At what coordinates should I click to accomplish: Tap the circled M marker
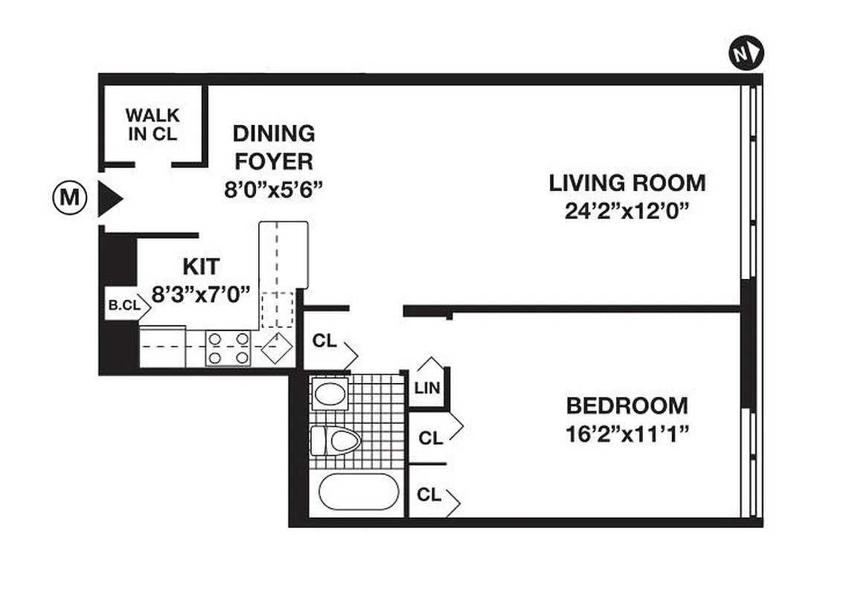(x=68, y=198)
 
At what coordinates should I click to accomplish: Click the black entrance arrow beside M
(x=109, y=199)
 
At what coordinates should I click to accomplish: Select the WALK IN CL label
(x=152, y=125)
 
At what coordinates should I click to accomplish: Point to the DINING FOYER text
(x=273, y=147)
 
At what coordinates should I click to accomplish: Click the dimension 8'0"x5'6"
(x=273, y=190)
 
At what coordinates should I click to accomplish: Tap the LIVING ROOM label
(x=627, y=182)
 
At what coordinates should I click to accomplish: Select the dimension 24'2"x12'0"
(x=627, y=211)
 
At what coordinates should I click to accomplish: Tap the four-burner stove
(x=228, y=348)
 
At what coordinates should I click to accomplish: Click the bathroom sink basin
(x=329, y=393)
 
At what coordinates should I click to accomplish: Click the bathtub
(x=356, y=492)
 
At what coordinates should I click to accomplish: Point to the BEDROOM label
(x=627, y=406)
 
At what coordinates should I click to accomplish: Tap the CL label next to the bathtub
(x=429, y=495)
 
